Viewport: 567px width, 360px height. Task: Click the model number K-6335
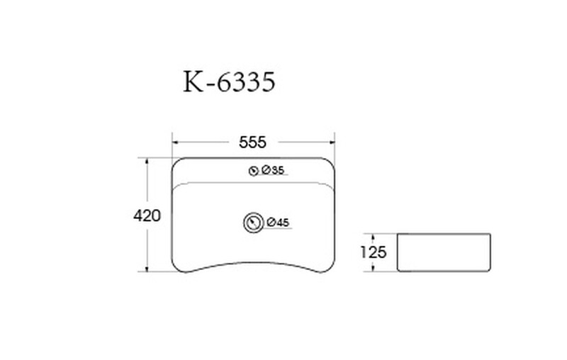229,81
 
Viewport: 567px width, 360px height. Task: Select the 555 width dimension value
253,142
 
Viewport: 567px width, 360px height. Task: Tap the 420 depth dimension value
147,215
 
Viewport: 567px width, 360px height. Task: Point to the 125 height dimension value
374,252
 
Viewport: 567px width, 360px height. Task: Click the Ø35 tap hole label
273,170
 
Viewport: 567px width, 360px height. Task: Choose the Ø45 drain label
279,223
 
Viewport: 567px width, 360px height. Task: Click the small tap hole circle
254,171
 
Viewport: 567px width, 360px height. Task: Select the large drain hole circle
254,223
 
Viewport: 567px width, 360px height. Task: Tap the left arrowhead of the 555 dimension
175,142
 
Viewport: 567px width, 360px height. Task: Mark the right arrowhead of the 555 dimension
331,142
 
